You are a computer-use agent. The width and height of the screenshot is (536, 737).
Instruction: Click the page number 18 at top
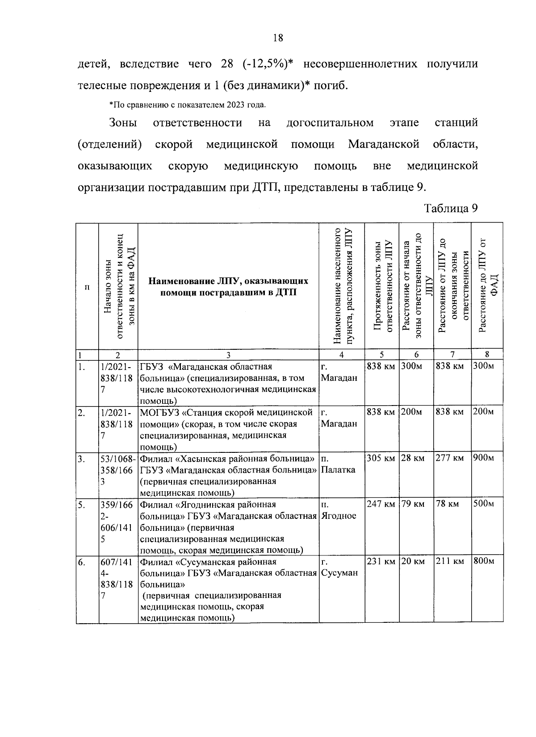(x=277, y=38)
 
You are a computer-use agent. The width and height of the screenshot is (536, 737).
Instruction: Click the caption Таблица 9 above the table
(x=451, y=208)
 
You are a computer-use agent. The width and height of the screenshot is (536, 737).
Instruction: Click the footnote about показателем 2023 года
(x=188, y=105)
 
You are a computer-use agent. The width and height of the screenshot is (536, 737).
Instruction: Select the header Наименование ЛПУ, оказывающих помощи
(x=228, y=287)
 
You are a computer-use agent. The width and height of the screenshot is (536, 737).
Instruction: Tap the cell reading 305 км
(x=381, y=458)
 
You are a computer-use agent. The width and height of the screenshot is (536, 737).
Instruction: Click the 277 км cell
(x=450, y=458)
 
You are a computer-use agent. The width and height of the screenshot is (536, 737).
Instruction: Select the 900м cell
(x=484, y=458)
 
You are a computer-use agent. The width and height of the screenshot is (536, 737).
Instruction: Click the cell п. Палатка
(x=338, y=464)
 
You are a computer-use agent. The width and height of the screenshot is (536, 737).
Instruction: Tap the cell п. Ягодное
(x=338, y=510)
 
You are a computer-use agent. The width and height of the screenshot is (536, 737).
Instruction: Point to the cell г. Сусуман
(x=339, y=567)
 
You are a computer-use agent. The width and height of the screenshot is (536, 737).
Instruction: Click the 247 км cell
(x=381, y=504)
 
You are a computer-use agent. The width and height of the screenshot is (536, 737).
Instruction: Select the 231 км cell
(x=381, y=562)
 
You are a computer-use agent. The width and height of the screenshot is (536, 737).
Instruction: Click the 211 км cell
(x=450, y=562)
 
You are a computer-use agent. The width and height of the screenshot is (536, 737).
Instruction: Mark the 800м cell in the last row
(x=484, y=562)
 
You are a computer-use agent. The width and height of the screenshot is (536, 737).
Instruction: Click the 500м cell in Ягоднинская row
(x=484, y=504)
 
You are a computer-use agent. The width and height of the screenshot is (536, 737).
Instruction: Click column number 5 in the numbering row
(x=381, y=355)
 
